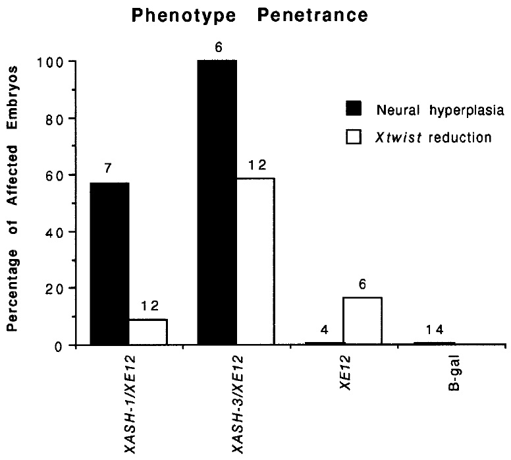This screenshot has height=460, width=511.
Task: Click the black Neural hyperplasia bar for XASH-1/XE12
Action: [x=109, y=263]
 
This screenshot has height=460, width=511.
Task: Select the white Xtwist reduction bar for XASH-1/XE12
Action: [x=148, y=331]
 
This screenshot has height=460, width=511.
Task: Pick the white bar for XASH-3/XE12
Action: [x=255, y=261]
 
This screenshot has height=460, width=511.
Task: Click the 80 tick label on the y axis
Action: [x=55, y=119]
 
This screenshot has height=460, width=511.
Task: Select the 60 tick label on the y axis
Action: [x=55, y=175]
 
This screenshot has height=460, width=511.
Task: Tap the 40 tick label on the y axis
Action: [x=55, y=232]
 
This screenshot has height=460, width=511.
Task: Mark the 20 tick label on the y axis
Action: [x=55, y=289]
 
